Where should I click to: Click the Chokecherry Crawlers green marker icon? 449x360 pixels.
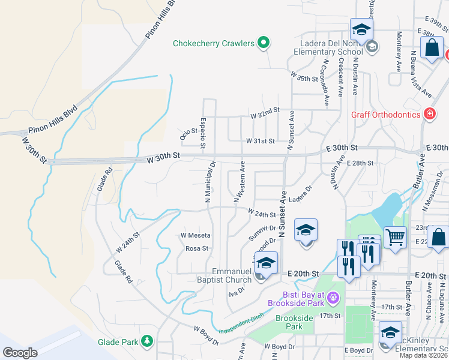(263, 43)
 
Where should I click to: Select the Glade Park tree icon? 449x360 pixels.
(147, 342)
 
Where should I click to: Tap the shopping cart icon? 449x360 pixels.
(395, 237)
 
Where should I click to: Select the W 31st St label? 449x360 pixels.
(260, 141)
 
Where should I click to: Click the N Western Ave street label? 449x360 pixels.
(238, 181)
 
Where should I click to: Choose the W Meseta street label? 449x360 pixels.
(195, 235)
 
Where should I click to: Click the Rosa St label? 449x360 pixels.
(196, 248)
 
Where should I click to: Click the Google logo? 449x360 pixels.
(20, 352)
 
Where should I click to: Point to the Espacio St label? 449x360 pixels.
(203, 133)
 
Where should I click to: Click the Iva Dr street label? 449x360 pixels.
(237, 290)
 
